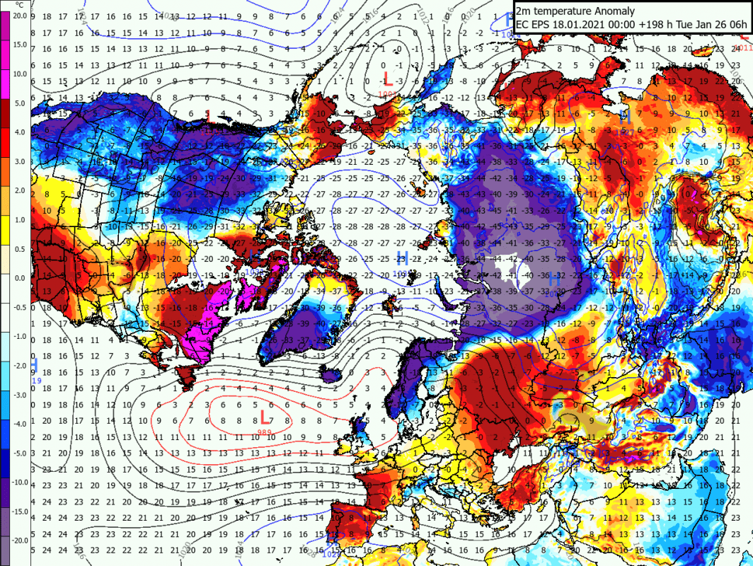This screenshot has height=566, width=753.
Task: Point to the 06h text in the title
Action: click(x=735, y=25)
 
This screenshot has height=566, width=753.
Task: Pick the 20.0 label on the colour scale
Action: click(x=19, y=16)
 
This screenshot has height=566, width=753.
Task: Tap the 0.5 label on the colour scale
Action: click(x=19, y=248)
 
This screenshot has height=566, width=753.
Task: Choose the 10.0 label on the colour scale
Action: click(x=19, y=74)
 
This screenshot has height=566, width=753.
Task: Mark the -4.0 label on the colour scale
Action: click(x=19, y=423)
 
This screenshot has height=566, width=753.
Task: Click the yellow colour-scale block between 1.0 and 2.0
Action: click(x=6, y=204)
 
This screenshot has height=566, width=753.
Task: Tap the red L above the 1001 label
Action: click(x=387, y=78)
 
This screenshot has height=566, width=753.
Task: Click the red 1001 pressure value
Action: click(x=387, y=93)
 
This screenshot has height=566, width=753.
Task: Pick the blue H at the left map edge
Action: click(x=33, y=365)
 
